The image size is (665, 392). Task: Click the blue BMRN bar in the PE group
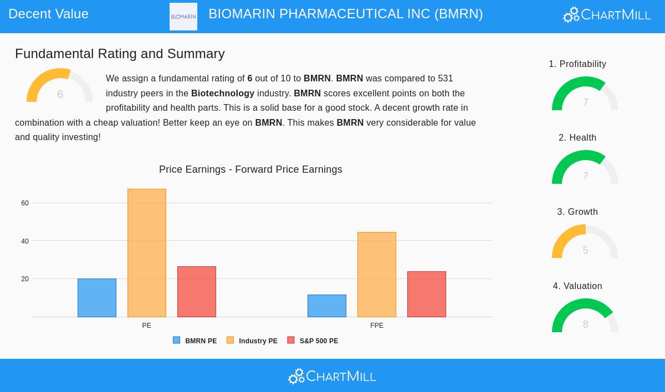97,298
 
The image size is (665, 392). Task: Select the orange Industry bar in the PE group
147,253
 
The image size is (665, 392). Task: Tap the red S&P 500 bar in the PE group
197,292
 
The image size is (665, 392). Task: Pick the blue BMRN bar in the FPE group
327,306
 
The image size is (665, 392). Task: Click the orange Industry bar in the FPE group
377,275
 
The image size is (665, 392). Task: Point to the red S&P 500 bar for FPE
427,294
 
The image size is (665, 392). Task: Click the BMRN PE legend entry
195,341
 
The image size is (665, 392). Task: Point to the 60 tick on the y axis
25,203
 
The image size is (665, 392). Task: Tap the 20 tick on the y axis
25,279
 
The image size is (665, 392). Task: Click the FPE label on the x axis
377,326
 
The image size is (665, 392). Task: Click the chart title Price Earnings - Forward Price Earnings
250,169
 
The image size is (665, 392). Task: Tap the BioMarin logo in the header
183,17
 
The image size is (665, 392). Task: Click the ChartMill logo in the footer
332,376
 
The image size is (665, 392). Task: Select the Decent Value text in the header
49,14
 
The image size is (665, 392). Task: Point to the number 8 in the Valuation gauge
585,324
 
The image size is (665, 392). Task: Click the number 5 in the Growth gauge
585,250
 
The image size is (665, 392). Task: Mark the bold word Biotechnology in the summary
223,93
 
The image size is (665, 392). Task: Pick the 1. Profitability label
577,64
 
